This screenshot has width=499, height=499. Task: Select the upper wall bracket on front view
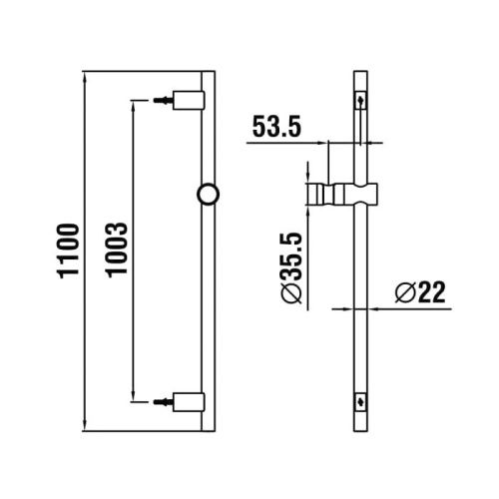pos(189,101)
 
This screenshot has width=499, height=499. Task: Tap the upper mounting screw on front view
pos(163,101)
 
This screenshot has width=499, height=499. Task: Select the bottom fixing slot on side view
pos(360,401)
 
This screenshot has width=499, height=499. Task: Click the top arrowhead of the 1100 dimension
pos(83,76)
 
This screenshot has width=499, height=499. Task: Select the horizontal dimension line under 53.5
pos(299,144)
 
